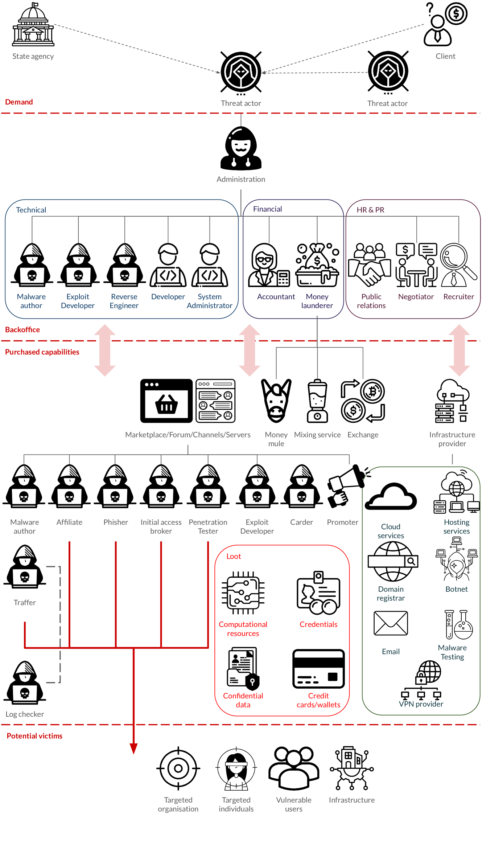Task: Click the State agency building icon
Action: coord(33,25)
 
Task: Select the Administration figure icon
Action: coord(241,149)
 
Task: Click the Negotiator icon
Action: coord(416,265)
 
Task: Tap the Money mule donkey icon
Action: coord(276,401)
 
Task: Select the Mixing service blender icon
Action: coord(317,401)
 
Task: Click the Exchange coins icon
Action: coord(363,401)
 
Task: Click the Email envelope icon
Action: coord(391,623)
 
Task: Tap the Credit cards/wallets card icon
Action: coord(318,669)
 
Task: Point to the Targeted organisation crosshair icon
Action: coord(178,768)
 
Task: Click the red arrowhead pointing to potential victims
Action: coord(133,748)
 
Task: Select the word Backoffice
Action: coord(22,330)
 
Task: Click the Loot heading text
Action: coord(234,557)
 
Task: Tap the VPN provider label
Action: coord(421,704)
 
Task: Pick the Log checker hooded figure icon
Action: coord(25,682)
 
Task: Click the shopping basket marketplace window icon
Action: coord(166,401)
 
